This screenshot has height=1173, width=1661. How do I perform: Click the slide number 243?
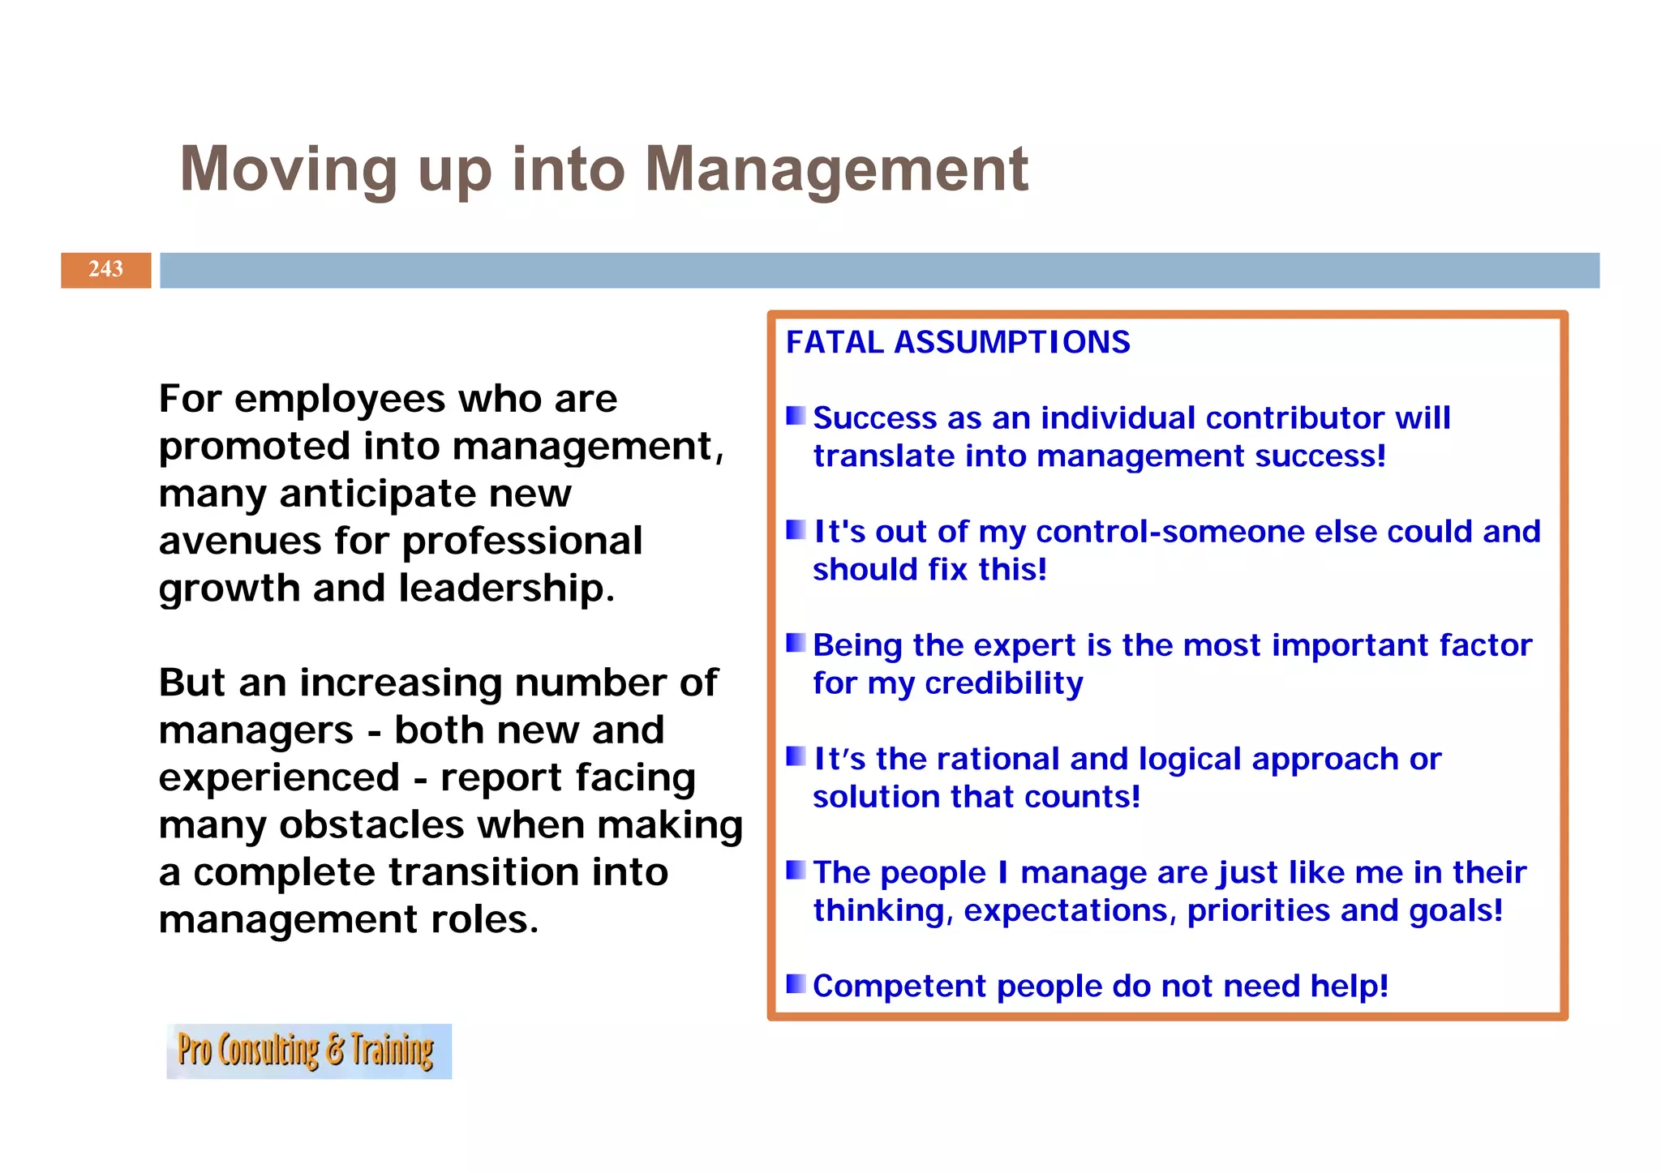click(105, 269)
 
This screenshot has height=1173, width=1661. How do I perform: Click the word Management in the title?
click(836, 170)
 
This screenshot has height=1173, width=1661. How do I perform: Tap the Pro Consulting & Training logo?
click(308, 1051)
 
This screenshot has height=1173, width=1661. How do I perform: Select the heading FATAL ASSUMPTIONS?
click(958, 342)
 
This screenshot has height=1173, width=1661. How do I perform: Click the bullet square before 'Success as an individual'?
click(796, 416)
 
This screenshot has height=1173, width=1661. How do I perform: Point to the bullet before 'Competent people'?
click(796, 984)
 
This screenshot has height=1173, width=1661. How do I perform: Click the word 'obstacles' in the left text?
click(373, 825)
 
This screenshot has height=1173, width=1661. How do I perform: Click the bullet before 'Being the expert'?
click(796, 643)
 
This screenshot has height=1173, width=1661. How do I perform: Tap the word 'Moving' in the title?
click(288, 170)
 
